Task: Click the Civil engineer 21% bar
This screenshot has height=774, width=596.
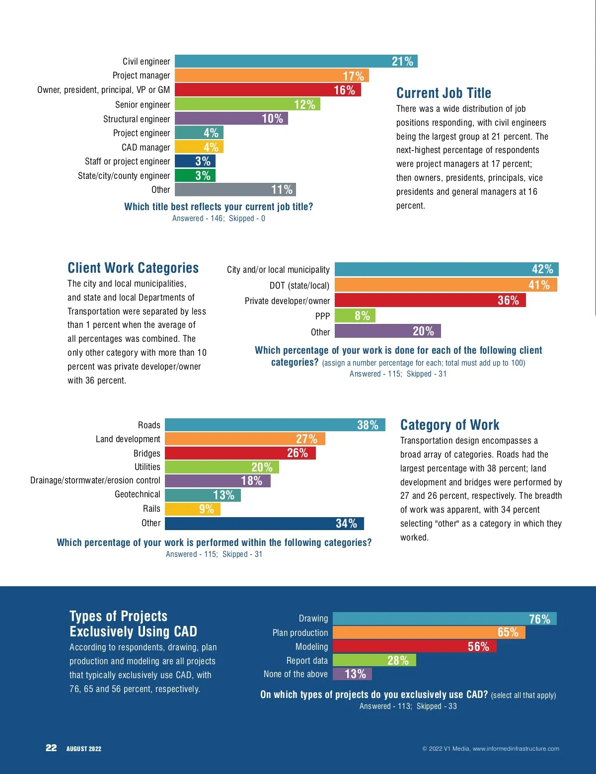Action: coord(296,61)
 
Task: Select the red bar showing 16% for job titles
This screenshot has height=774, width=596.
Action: coord(268,90)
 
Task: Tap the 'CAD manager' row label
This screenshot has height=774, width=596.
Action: coord(146,148)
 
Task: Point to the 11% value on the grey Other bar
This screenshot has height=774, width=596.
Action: coord(282,190)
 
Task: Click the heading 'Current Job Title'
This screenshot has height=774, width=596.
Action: coord(444,93)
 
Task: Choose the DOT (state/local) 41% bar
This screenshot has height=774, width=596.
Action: coord(446,285)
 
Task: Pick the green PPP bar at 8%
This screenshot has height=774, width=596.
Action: coord(355,316)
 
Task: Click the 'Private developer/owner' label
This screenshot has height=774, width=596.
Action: coord(287,301)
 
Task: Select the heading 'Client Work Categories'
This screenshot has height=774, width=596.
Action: coord(133,268)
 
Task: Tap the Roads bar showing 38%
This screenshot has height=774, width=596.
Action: coord(275,425)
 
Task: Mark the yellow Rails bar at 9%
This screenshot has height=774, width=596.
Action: coord(192,509)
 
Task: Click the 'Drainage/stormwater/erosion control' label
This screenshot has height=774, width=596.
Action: coord(95,480)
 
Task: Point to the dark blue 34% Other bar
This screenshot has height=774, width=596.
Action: coord(264,524)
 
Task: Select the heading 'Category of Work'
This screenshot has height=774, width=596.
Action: coord(449,425)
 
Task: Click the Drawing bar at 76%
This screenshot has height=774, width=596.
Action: coord(445,619)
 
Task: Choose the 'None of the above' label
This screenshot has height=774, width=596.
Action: coord(296,674)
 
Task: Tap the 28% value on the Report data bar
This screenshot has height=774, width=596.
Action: coord(398,661)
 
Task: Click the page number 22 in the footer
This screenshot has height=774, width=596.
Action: coord(51,748)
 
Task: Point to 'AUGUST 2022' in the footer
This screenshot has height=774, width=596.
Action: coord(84,749)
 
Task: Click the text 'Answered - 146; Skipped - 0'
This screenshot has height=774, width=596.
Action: coord(219,219)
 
